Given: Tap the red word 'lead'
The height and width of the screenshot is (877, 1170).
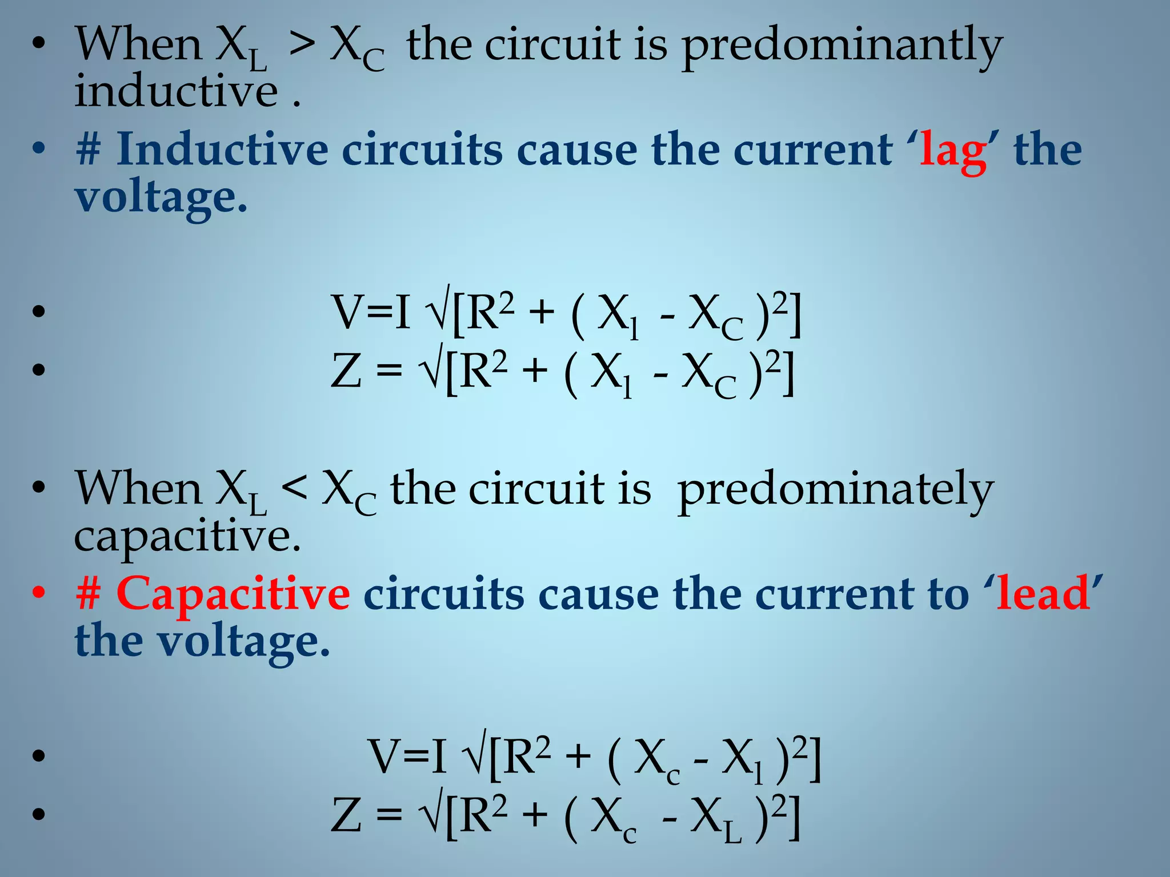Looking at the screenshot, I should click(x=1043, y=594).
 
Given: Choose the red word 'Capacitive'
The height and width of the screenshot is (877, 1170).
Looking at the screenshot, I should click(x=233, y=594).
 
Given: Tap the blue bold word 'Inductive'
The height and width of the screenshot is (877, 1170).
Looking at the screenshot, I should click(x=222, y=150).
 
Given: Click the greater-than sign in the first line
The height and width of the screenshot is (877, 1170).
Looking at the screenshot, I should click(x=301, y=46).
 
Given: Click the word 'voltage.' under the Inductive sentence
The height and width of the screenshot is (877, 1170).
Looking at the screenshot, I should click(x=162, y=197).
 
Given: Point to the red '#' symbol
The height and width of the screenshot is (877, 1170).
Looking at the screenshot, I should click(x=89, y=594).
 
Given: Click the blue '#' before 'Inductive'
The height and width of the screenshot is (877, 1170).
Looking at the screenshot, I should click(x=89, y=150).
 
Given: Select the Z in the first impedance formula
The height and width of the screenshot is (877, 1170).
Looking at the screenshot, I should click(x=346, y=371).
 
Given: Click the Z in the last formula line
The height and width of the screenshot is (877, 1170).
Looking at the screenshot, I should click(x=346, y=815).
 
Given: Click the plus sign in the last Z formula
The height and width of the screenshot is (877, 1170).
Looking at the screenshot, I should click(x=535, y=815).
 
